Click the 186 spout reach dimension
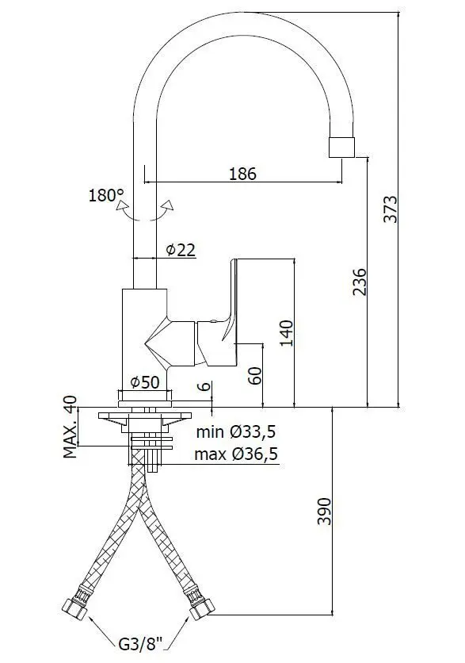(x=242, y=174)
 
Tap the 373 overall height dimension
(x=391, y=209)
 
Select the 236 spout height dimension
(x=360, y=282)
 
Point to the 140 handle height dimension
(x=287, y=333)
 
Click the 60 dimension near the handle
(x=256, y=375)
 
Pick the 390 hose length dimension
(x=325, y=512)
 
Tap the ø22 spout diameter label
(x=181, y=250)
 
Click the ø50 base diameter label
(x=145, y=382)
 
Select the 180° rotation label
(x=106, y=195)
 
